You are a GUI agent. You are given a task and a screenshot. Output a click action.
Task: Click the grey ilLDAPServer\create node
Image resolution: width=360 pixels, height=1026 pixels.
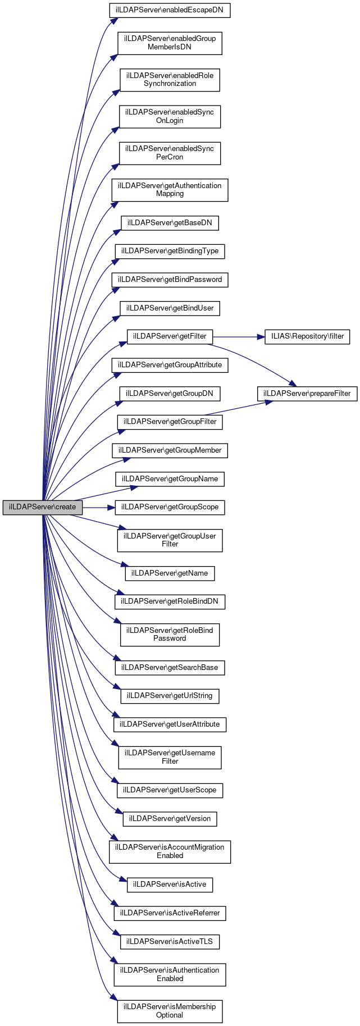(42, 507)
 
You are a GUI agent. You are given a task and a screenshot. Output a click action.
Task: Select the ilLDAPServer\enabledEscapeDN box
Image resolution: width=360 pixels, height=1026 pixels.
(170, 11)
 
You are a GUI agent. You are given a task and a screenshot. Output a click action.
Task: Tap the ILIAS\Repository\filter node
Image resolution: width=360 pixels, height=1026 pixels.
(307, 336)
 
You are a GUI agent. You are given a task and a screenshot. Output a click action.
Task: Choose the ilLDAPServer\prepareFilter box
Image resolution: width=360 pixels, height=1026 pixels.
(307, 394)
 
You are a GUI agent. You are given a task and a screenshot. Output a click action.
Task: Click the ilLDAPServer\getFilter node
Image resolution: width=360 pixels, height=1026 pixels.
(170, 336)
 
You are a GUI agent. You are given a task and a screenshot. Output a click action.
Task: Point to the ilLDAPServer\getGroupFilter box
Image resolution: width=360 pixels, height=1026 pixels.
(170, 422)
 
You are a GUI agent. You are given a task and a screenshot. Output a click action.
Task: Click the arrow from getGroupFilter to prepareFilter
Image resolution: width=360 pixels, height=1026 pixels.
(236, 408)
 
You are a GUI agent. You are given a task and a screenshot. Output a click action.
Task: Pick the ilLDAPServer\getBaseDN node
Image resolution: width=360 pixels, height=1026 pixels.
(170, 223)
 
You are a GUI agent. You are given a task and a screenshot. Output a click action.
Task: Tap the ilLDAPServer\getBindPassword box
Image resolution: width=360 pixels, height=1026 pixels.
(170, 280)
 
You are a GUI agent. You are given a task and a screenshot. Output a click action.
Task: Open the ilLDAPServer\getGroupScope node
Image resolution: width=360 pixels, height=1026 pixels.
(170, 507)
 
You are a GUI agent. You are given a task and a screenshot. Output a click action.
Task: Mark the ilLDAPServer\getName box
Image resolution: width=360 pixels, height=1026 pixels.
(170, 573)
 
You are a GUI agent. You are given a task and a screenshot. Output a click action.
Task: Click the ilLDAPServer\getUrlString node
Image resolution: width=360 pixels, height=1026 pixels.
(170, 696)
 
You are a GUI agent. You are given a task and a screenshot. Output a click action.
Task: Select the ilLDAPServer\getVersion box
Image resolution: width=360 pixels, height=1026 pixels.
(170, 819)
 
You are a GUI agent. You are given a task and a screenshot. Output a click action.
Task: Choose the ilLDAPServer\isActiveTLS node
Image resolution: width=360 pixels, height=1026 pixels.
(170, 941)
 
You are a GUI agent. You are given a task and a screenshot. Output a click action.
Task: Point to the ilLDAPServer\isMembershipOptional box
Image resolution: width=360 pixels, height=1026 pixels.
(170, 1011)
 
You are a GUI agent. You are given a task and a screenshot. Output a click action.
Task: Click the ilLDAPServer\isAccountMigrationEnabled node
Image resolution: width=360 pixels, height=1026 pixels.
(170, 851)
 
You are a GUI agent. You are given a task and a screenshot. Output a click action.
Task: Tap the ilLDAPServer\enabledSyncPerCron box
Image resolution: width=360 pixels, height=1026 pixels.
(170, 153)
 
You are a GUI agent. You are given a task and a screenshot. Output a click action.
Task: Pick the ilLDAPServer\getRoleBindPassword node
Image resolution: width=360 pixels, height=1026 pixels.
(170, 634)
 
